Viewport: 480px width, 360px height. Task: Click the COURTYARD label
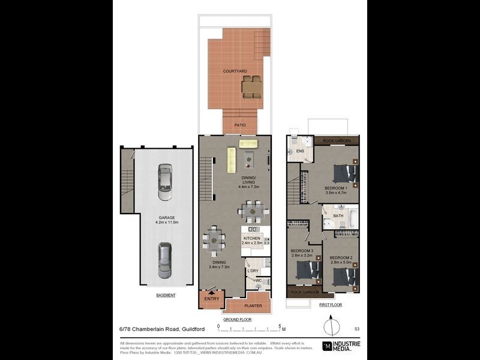click(235, 71)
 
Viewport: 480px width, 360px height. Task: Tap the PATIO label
click(240, 125)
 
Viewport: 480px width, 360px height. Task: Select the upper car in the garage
click(165, 182)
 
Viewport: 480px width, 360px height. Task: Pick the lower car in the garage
click(165, 260)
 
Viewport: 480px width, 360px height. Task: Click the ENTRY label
click(211, 299)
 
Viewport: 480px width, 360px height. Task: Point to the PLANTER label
click(245, 305)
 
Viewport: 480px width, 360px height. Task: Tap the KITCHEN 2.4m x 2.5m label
click(253, 241)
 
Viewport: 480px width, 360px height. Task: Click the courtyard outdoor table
click(251, 87)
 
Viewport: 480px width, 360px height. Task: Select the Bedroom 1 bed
click(344, 173)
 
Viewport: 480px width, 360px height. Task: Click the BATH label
click(338, 216)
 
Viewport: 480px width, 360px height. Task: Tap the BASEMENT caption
click(166, 295)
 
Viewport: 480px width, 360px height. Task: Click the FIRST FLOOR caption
click(331, 305)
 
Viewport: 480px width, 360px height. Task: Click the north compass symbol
click(329, 328)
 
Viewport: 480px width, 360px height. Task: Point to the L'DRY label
click(253, 271)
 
